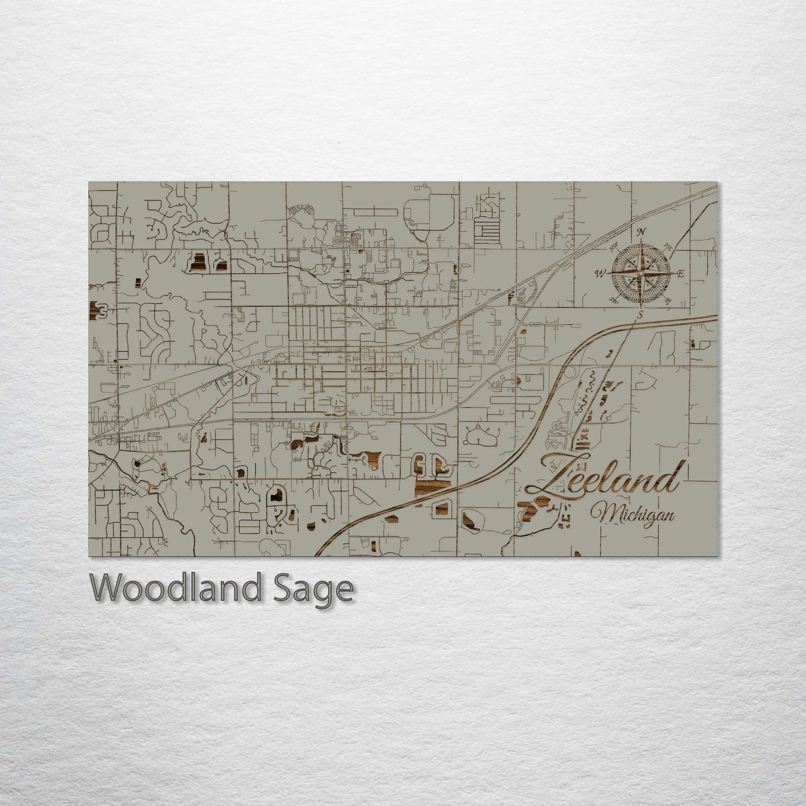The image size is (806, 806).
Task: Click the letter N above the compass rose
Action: [x=641, y=232]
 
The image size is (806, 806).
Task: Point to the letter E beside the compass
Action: [x=680, y=274]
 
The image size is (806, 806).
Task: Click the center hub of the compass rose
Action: [x=640, y=274]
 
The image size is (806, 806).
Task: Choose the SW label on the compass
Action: [x=614, y=301]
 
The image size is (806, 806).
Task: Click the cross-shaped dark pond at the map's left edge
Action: [x=98, y=308]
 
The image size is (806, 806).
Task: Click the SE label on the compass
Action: [x=667, y=301]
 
